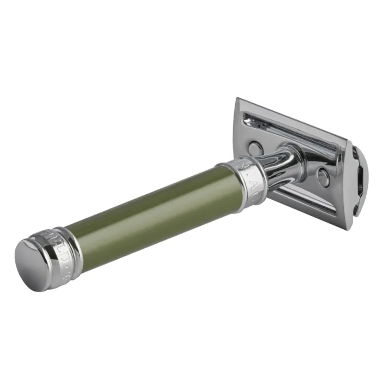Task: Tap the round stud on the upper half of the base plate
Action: click(255, 147)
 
